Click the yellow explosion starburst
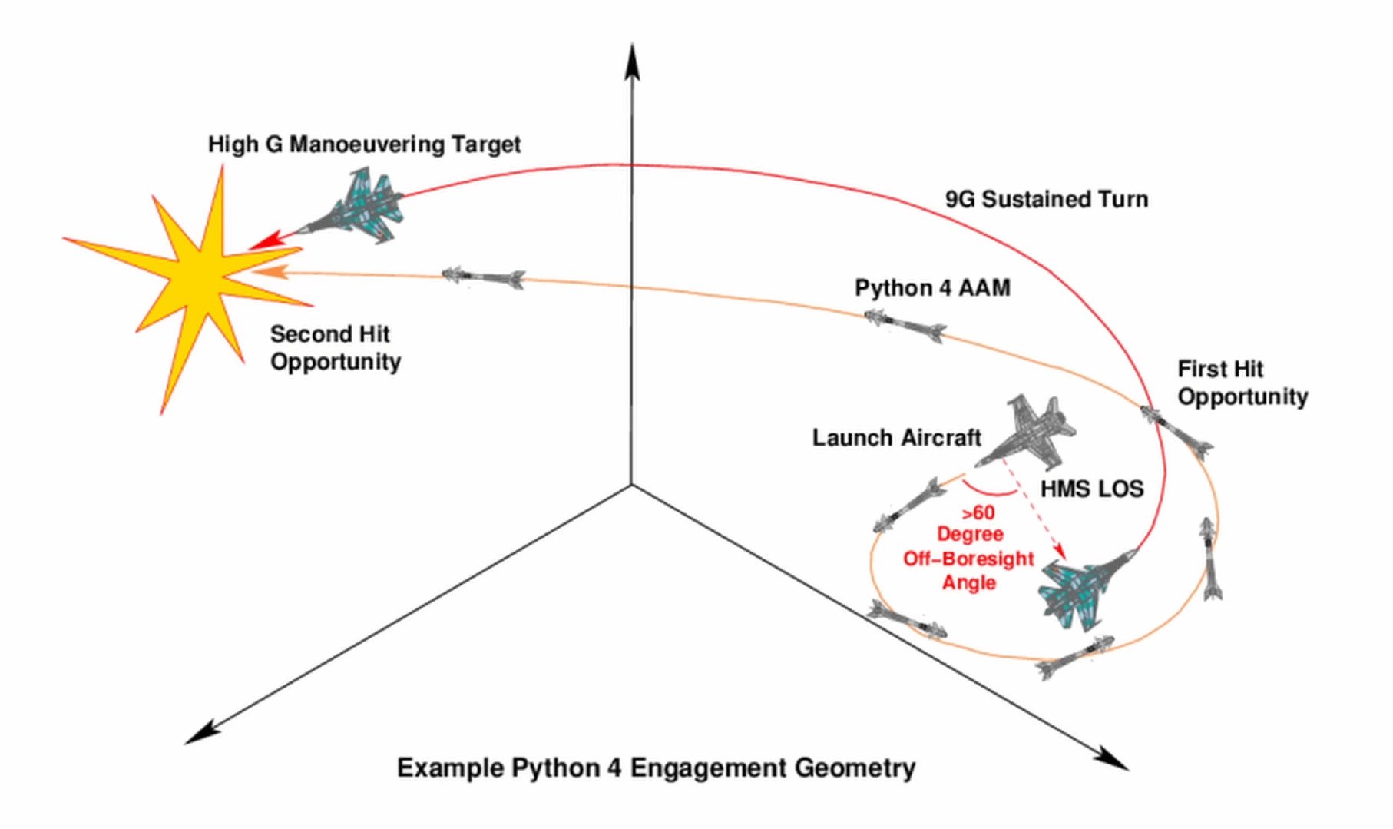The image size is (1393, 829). (196, 277)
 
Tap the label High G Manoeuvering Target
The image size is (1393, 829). (364, 144)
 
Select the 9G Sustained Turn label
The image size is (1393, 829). (1047, 199)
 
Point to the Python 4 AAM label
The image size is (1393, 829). (932, 288)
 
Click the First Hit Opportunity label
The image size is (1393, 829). (1242, 383)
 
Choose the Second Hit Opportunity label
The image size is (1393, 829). (335, 348)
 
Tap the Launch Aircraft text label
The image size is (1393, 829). (896, 438)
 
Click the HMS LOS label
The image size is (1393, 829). (1091, 489)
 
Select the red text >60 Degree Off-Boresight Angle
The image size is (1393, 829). (969, 547)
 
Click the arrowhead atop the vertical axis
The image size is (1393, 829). (631, 61)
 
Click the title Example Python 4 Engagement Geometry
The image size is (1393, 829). (656, 768)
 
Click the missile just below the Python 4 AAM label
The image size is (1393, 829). (905, 326)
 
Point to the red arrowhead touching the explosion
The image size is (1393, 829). (263, 241)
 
